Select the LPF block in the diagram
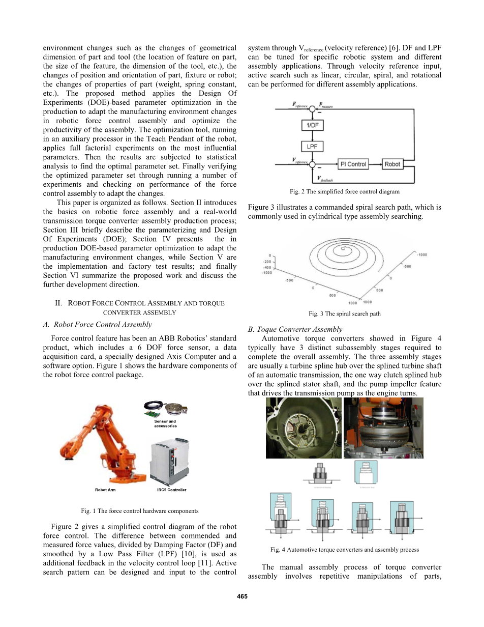pyautogui.click(x=312, y=147)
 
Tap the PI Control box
pyautogui.click(x=353, y=164)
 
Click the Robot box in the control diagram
pyautogui.click(x=392, y=164)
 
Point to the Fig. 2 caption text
pyautogui.click(x=344, y=192)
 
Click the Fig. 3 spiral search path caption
pyautogui.click(x=344, y=314)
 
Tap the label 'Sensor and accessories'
pyautogui.click(x=165, y=423)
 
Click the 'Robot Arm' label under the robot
pyautogui.click(x=105, y=490)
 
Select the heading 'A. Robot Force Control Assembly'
pyautogui.click(x=98, y=324)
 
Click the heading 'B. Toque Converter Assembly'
pyautogui.click(x=295, y=329)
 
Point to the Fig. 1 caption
pyautogui.click(x=140, y=510)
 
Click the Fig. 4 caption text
pyautogui.click(x=344, y=550)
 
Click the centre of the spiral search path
pyautogui.click(x=344, y=249)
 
